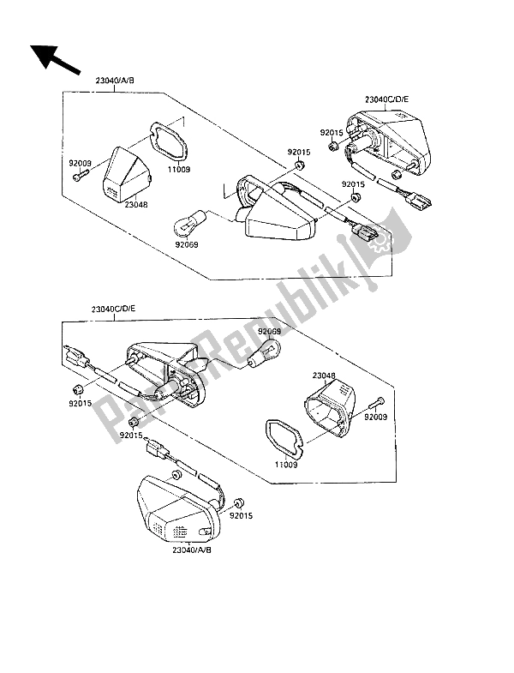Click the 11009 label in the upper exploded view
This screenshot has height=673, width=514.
point(178,170)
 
